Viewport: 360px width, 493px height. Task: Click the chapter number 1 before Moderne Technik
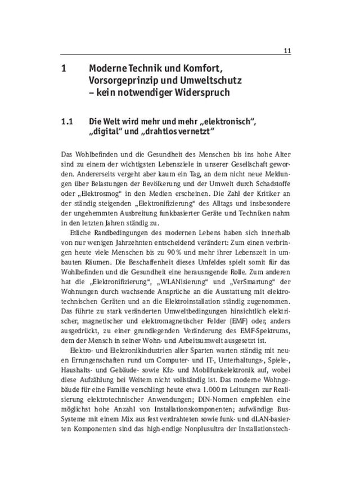coord(63,69)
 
